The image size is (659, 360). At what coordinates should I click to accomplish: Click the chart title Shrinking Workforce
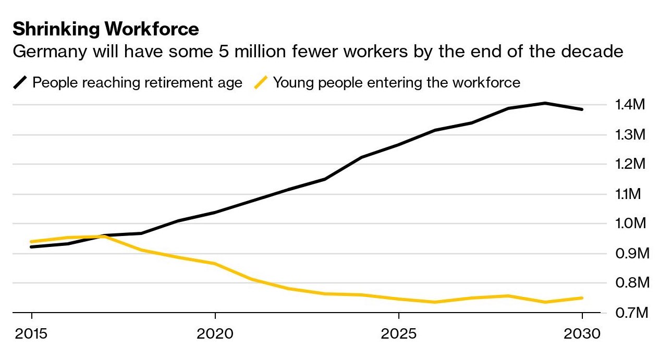point(106,29)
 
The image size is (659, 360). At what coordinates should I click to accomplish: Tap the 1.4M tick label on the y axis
point(630,105)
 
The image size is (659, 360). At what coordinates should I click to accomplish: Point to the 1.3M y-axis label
point(630,135)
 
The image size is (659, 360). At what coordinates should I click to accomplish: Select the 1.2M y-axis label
point(630,165)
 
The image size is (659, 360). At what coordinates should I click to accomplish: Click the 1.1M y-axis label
point(630,194)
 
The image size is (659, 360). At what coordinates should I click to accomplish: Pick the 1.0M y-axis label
point(630,224)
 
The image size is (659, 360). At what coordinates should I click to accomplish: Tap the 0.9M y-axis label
point(630,254)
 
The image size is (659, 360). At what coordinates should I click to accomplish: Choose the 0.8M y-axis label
point(630,283)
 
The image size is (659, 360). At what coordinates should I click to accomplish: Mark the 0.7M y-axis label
point(630,313)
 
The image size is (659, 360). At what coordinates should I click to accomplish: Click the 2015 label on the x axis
point(32,333)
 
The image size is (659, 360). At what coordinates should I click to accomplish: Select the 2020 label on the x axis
point(215,333)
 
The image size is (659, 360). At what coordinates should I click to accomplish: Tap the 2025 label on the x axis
point(398,333)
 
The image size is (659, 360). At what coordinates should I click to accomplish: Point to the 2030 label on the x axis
point(582,333)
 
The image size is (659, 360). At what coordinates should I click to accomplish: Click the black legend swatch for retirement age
point(21,82)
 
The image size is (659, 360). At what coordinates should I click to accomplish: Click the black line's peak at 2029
point(545,103)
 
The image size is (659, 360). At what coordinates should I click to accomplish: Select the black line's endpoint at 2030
point(582,109)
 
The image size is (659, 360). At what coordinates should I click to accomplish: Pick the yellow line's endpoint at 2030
point(582,298)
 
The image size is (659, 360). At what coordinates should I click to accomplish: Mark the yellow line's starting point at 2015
point(32,242)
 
